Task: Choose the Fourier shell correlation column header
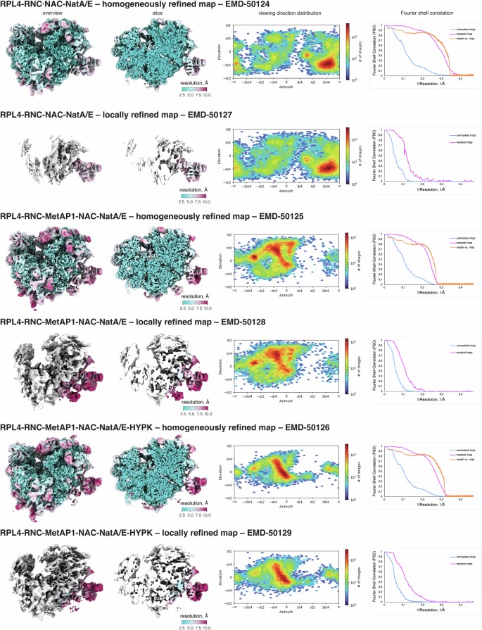(429, 14)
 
